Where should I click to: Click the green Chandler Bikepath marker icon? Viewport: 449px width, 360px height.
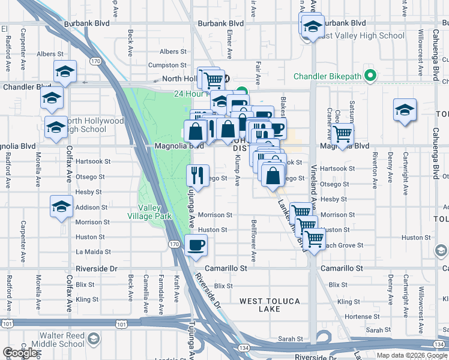pos(370,76)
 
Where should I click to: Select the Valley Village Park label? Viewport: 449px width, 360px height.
pos(150,212)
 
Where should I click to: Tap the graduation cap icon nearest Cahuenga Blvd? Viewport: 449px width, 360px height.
pos(405,110)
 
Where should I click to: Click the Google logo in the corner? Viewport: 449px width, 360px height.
pos(21,352)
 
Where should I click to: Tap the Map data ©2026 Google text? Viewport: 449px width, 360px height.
pos(412,355)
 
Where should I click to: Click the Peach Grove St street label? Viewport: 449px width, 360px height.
pos(343,245)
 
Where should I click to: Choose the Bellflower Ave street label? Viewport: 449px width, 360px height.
pos(254,248)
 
